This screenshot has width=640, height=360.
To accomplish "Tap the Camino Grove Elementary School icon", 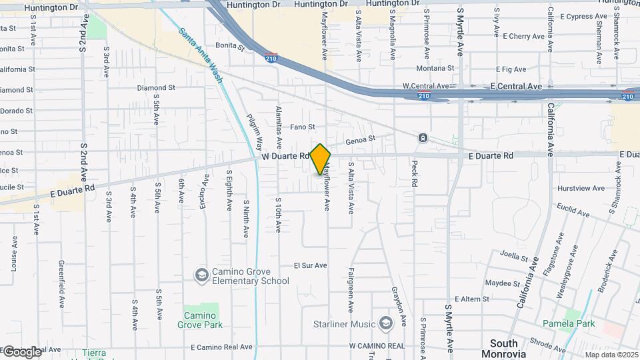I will [x=201, y=275].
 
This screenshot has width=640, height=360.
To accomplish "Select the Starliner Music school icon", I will [x=385, y=323].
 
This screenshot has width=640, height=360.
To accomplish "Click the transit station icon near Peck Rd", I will [x=423, y=138].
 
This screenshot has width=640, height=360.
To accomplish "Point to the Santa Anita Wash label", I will [x=200, y=50].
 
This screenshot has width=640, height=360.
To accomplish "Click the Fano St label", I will [x=302, y=127].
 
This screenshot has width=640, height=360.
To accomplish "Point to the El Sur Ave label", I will [x=311, y=265].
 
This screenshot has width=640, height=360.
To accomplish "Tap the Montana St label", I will [x=435, y=68].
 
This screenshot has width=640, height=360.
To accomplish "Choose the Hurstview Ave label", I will [x=580, y=188].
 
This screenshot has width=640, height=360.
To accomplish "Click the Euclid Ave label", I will [x=574, y=213].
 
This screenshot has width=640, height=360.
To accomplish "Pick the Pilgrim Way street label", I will [x=254, y=131].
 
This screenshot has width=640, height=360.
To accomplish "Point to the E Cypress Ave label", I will [x=582, y=16].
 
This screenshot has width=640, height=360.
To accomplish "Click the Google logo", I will [x=21, y=351].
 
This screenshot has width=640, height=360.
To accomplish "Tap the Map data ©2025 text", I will [x=610, y=355].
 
